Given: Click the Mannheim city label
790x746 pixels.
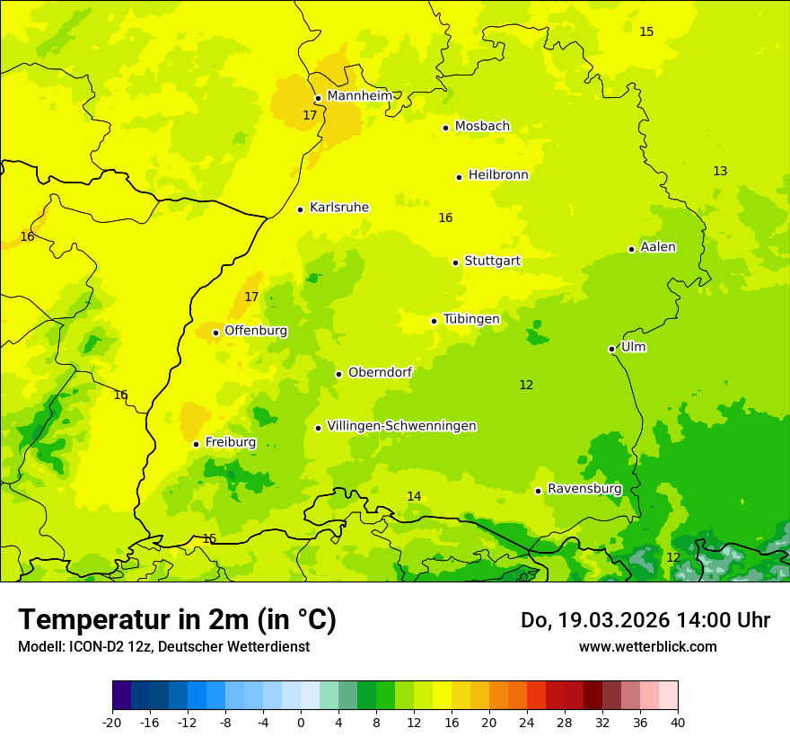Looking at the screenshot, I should pyautogui.click(x=359, y=95).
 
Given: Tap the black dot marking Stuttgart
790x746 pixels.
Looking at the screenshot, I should pyautogui.click(x=456, y=262).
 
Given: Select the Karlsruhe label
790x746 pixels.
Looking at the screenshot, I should pyautogui.click(x=338, y=208).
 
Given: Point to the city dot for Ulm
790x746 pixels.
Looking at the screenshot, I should pyautogui.click(x=612, y=349).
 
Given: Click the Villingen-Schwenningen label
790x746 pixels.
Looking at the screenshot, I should pyautogui.click(x=401, y=426).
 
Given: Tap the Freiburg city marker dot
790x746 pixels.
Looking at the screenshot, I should pyautogui.click(x=196, y=444).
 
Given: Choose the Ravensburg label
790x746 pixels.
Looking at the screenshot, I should pyautogui.click(x=584, y=489).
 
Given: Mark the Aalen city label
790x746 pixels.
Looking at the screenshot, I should pyautogui.click(x=658, y=247).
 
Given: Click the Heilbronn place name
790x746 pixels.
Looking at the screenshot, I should pyautogui.click(x=498, y=175).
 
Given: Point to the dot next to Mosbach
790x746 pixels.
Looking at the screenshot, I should pyautogui.click(x=446, y=128).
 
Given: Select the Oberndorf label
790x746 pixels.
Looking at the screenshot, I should pyautogui.click(x=380, y=372).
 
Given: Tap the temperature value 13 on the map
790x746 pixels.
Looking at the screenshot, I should pyautogui.click(x=720, y=172).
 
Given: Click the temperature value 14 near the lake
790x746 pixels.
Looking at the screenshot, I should pyautogui.click(x=414, y=497).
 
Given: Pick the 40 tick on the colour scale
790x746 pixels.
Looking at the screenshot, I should pyautogui.click(x=677, y=722).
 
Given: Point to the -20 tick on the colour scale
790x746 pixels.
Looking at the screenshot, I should pyautogui.click(x=112, y=722).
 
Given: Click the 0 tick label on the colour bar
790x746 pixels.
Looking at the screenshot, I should pyautogui.click(x=301, y=722).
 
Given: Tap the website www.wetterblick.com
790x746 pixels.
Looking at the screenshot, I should pyautogui.click(x=647, y=646).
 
